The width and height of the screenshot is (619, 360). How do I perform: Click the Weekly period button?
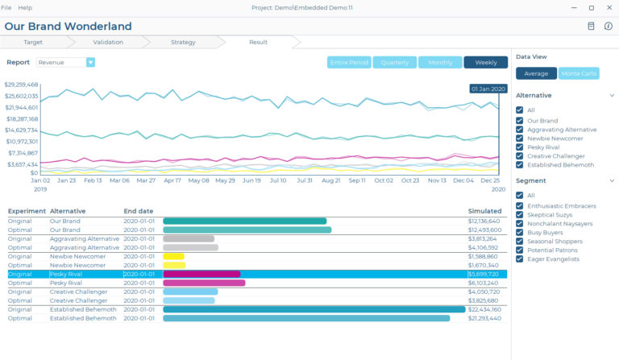(485, 62)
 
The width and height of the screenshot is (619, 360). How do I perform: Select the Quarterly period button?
(395, 62)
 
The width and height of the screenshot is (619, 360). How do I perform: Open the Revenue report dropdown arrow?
(90, 62)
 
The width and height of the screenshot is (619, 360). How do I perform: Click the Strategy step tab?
(183, 41)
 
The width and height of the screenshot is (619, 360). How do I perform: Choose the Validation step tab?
(108, 41)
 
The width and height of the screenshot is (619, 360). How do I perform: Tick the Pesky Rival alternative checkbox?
(520, 147)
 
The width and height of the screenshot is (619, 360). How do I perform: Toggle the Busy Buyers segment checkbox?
(520, 231)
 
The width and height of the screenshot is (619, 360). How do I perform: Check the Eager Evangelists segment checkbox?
(520, 259)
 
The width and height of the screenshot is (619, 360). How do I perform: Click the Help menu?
(25, 7)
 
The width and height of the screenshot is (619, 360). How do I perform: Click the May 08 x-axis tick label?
(198, 180)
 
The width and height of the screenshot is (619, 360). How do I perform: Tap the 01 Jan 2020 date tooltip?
(488, 89)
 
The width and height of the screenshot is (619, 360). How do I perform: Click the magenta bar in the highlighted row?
(201, 274)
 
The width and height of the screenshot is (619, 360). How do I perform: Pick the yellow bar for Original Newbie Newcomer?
(173, 256)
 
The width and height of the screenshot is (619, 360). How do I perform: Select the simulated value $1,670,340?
(484, 265)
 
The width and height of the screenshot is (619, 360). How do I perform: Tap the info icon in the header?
(608, 26)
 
